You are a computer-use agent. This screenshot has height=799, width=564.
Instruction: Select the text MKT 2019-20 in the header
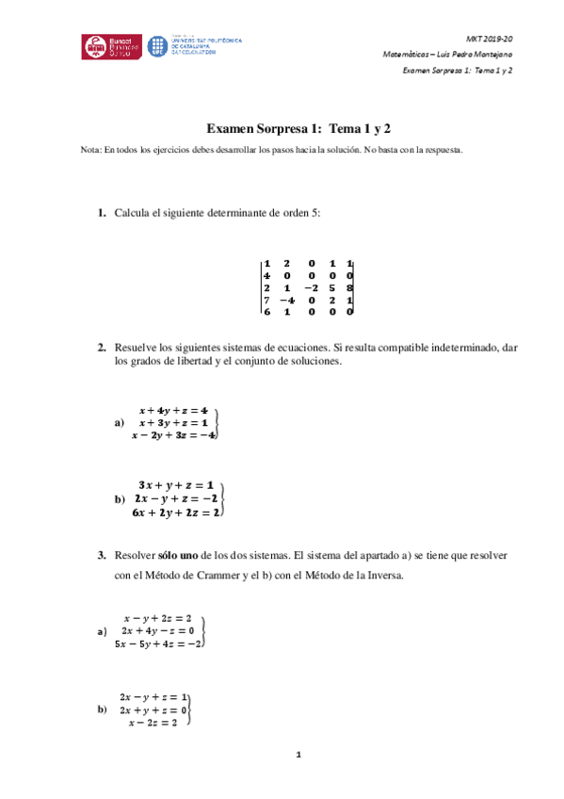490,38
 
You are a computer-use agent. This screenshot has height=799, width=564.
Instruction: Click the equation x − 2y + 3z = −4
174,435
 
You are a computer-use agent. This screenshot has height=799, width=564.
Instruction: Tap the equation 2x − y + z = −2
177,497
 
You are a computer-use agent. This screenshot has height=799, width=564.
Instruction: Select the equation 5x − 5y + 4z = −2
158,644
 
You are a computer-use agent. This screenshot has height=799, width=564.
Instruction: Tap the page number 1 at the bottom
298,755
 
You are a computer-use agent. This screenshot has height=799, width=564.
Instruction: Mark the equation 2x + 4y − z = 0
158,630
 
